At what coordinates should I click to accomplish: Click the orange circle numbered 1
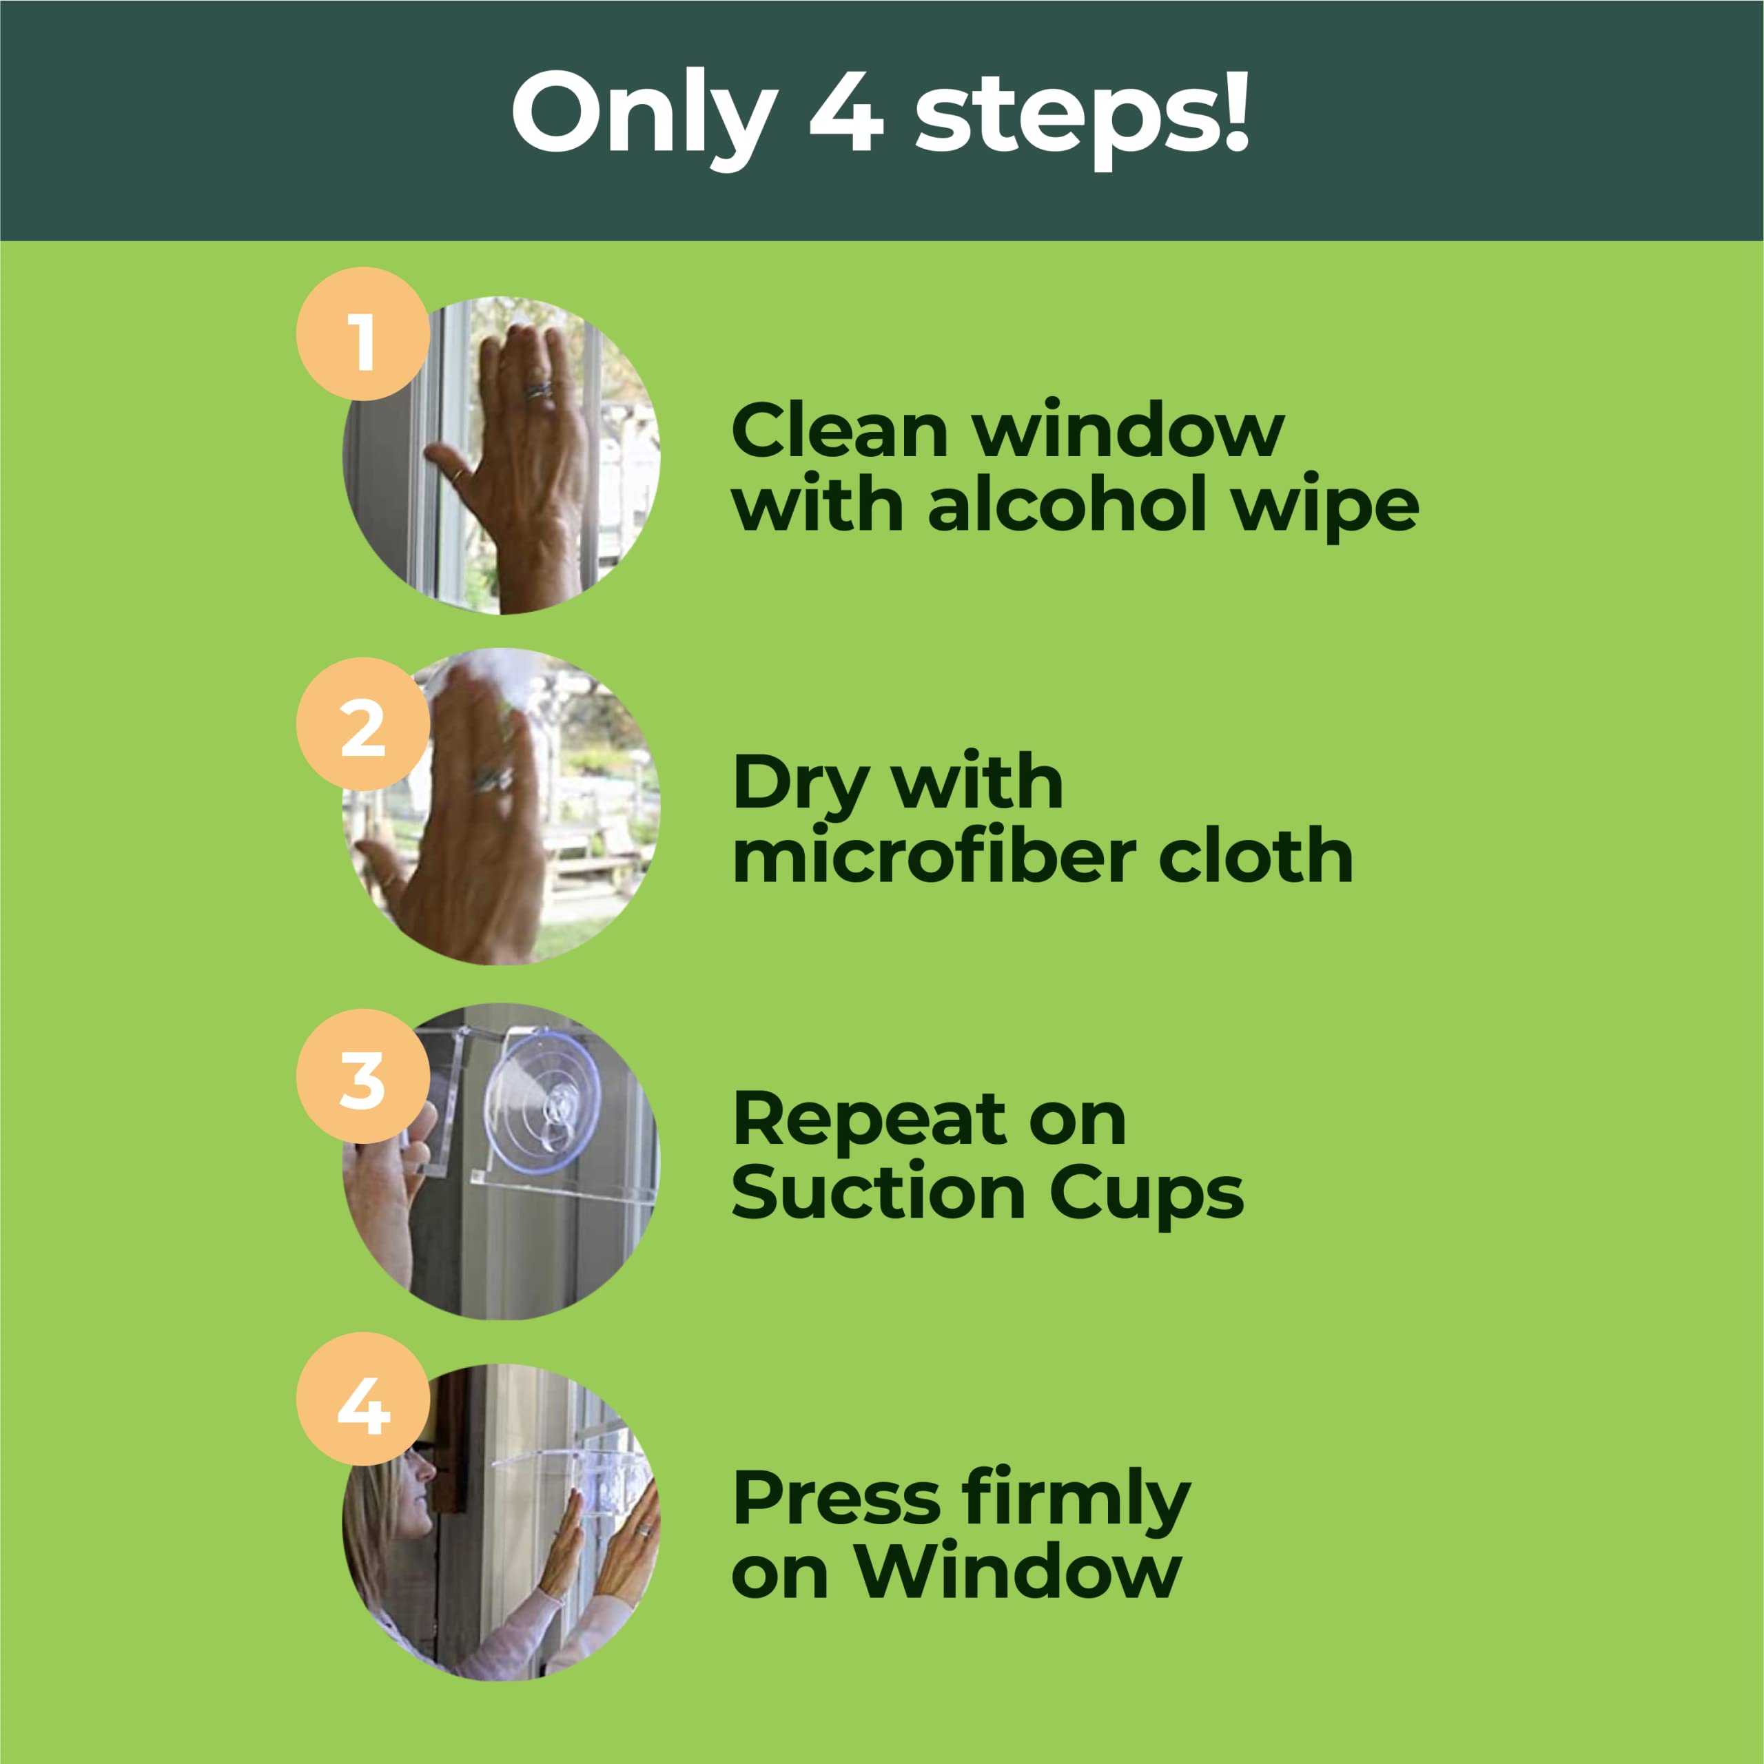point(362,334)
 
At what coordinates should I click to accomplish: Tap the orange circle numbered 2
point(362,724)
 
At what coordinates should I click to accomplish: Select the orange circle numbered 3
point(362,1076)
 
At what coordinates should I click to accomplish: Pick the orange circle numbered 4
point(362,1399)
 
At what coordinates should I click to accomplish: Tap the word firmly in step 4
point(1076,1499)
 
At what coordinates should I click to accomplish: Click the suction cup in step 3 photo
point(542,1100)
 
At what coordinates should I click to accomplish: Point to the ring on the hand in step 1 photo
point(537,390)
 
